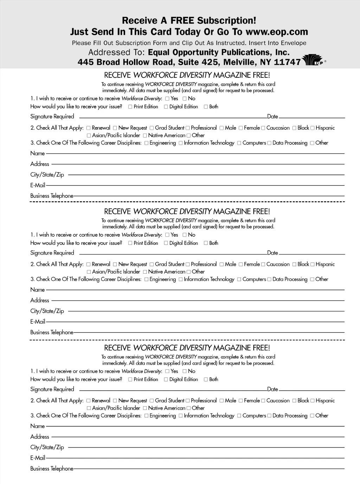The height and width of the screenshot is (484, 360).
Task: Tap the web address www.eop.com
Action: tap(276, 32)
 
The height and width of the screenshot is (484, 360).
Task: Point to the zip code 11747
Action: tap(287, 62)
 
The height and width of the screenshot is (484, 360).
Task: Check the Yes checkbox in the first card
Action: tap(167, 99)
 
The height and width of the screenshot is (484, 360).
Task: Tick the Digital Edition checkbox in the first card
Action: tap(166, 107)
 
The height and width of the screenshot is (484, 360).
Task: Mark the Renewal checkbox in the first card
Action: tap(89, 128)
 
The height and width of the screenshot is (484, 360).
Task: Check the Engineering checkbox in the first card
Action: tap(146, 143)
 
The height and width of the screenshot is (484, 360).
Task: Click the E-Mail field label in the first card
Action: tap(38, 185)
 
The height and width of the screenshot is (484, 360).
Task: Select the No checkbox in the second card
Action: tap(185, 235)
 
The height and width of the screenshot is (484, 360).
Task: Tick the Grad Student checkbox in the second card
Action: tap(152, 265)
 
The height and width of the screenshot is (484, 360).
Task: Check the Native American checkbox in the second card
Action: tap(145, 272)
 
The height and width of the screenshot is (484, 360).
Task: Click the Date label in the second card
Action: tap(272, 253)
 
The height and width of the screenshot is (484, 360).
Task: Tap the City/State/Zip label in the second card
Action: tap(47, 311)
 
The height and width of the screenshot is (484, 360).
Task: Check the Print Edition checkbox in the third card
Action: tap(130, 380)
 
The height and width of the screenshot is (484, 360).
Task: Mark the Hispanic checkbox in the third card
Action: tap(313, 401)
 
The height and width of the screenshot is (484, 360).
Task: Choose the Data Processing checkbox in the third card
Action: tap(269, 416)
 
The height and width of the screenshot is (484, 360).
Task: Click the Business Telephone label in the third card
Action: tap(52, 469)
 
